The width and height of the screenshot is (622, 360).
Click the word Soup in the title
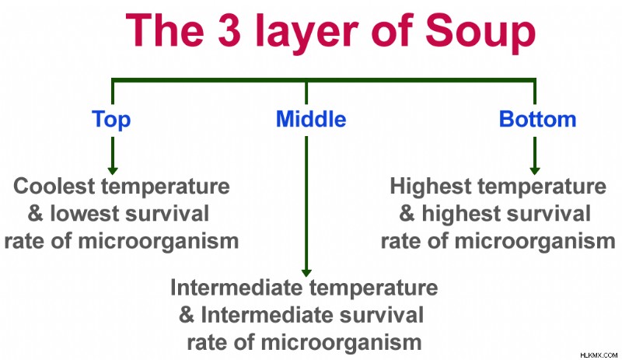pyautogui.click(x=480, y=33)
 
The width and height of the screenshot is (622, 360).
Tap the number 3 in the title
pyautogui.click(x=229, y=30)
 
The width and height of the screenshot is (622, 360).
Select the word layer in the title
pyautogui.click(x=306, y=33)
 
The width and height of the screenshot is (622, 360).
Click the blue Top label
pyautogui.click(x=111, y=120)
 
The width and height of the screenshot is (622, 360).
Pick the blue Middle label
pyautogui.click(x=311, y=119)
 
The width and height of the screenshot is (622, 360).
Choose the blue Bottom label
pyautogui.click(x=537, y=119)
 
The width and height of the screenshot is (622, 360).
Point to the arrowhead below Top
pyautogui.click(x=113, y=171)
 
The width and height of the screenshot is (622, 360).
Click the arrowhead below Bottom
pyautogui.click(x=535, y=171)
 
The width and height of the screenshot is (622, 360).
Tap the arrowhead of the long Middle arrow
pyautogui.click(x=306, y=273)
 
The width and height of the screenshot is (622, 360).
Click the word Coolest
pyautogui.click(x=54, y=186)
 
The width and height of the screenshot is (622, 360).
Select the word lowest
pyautogui.click(x=85, y=214)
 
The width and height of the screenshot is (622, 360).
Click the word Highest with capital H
pyautogui.click(x=431, y=187)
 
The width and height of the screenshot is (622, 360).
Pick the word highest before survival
pyautogui.click(x=462, y=215)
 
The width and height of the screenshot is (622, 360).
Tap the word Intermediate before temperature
pyautogui.click(x=236, y=288)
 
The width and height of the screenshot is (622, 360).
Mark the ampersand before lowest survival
pyautogui.click(x=35, y=214)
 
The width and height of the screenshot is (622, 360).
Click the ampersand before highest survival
pyautogui.click(x=407, y=214)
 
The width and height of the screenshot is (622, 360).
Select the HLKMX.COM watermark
pyautogui.click(x=599, y=355)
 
